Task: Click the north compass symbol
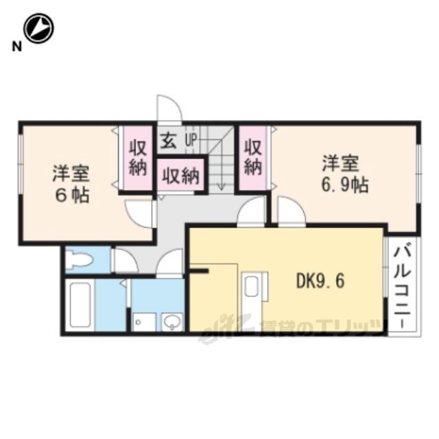coord(38,28)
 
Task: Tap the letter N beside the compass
coord(16,47)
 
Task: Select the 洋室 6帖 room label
coord(71,184)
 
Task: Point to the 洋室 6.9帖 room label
coord(344,174)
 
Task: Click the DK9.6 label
coord(320,281)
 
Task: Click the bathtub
coord(80,305)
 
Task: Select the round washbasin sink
coord(171,322)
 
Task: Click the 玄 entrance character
coord(169,141)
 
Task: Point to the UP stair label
coord(191,140)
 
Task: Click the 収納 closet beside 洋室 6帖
coord(138,158)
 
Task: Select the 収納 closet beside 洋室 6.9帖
coord(253,158)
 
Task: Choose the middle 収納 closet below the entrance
coord(181,176)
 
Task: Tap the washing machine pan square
coord(144,322)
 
